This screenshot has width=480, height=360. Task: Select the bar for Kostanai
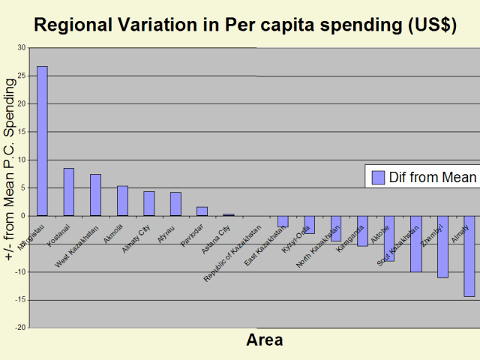click(x=69, y=192)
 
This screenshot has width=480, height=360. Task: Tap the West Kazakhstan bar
click(x=95, y=195)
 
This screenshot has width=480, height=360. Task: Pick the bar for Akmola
click(x=122, y=201)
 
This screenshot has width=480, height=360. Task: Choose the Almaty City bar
click(x=149, y=203)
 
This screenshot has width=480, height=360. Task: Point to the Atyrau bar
click(x=175, y=204)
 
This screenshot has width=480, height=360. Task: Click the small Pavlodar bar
click(x=202, y=211)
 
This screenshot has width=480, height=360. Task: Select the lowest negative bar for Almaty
click(x=469, y=256)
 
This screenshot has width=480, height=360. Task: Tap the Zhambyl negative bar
click(x=442, y=247)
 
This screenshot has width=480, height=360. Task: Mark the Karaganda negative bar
click(x=362, y=231)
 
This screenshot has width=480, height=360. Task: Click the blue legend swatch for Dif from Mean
click(x=378, y=177)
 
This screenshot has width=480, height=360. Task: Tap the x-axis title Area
click(x=265, y=340)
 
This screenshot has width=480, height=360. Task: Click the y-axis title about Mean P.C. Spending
click(x=10, y=172)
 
